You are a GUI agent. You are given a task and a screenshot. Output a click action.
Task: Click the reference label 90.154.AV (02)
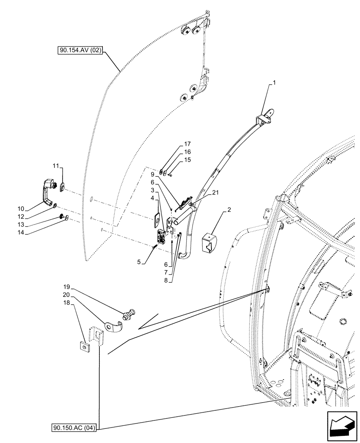point(80,51)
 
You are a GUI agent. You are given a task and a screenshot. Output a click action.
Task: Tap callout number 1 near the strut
point(274,83)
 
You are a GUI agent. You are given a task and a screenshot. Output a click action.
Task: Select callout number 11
point(56,166)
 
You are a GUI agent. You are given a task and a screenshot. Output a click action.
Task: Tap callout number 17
point(188,144)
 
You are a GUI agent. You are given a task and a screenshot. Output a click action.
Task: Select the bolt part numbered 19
point(129,315)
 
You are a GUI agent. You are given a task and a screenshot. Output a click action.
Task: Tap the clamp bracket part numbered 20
point(113,327)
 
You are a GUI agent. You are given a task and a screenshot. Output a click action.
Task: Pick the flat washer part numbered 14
point(66,219)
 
